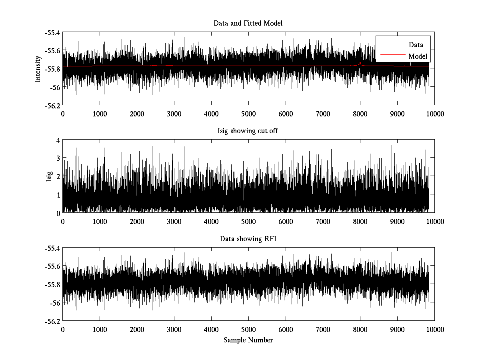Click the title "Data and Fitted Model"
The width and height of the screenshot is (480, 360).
248,23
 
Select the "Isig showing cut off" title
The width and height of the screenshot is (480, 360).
248,131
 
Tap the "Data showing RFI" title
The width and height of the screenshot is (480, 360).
248,239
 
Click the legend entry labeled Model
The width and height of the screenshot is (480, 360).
418,56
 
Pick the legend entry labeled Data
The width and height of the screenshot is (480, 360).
416,45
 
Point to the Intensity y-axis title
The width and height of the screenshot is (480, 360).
38,68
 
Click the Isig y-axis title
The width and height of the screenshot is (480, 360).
49,176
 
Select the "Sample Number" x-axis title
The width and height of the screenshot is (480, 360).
248,340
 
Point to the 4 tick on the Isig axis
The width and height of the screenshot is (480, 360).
58,140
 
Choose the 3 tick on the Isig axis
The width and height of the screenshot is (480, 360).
58,158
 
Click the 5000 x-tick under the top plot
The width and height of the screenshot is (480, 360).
248,114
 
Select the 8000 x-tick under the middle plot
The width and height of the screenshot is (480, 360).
360,222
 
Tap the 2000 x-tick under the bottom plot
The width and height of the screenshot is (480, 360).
137,330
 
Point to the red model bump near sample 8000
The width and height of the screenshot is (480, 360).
360,63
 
